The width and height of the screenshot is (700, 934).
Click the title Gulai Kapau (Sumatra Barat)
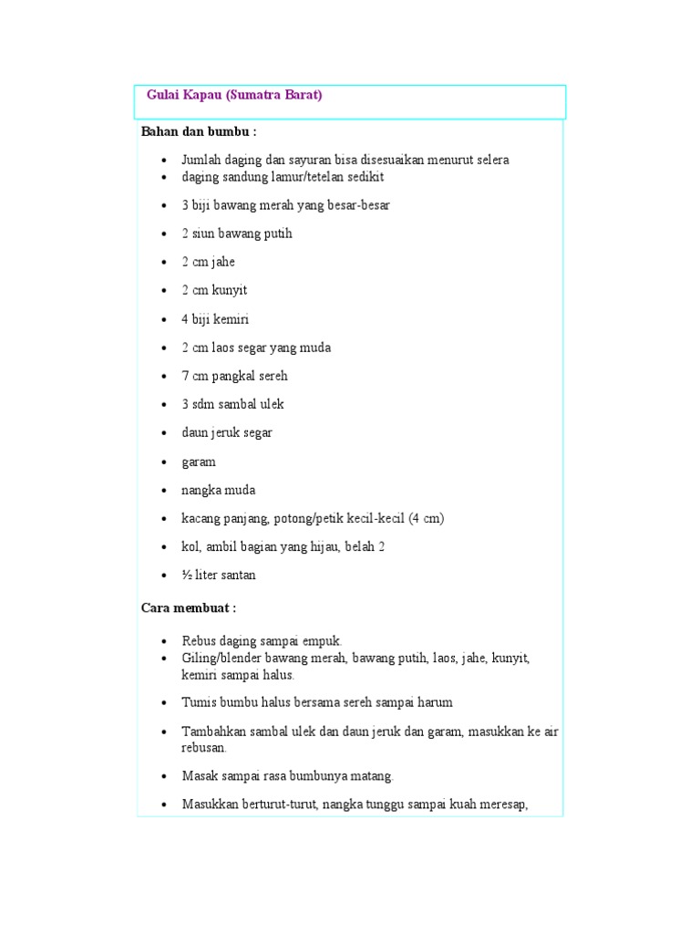[x=234, y=95]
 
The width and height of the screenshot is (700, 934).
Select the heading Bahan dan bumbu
[x=199, y=131]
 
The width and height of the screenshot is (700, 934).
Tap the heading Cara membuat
[x=189, y=607]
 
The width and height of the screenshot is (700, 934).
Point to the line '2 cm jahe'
[x=208, y=262]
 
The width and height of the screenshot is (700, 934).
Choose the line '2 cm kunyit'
[x=214, y=290]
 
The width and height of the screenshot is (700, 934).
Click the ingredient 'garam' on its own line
[x=199, y=462]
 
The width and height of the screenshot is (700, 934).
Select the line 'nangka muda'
[x=218, y=490]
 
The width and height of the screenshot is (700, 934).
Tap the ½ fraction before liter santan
[x=186, y=575]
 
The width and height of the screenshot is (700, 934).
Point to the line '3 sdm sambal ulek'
[x=232, y=404]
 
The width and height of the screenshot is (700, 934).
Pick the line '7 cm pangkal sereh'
[x=234, y=376]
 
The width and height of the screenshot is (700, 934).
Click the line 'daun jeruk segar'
[x=227, y=432]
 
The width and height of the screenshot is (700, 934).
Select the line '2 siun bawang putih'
[x=237, y=233]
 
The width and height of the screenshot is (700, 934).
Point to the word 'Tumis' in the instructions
[x=199, y=702]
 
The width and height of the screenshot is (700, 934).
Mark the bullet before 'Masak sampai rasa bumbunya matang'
[x=163, y=776]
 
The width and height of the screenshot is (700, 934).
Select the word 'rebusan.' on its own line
[x=204, y=747]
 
